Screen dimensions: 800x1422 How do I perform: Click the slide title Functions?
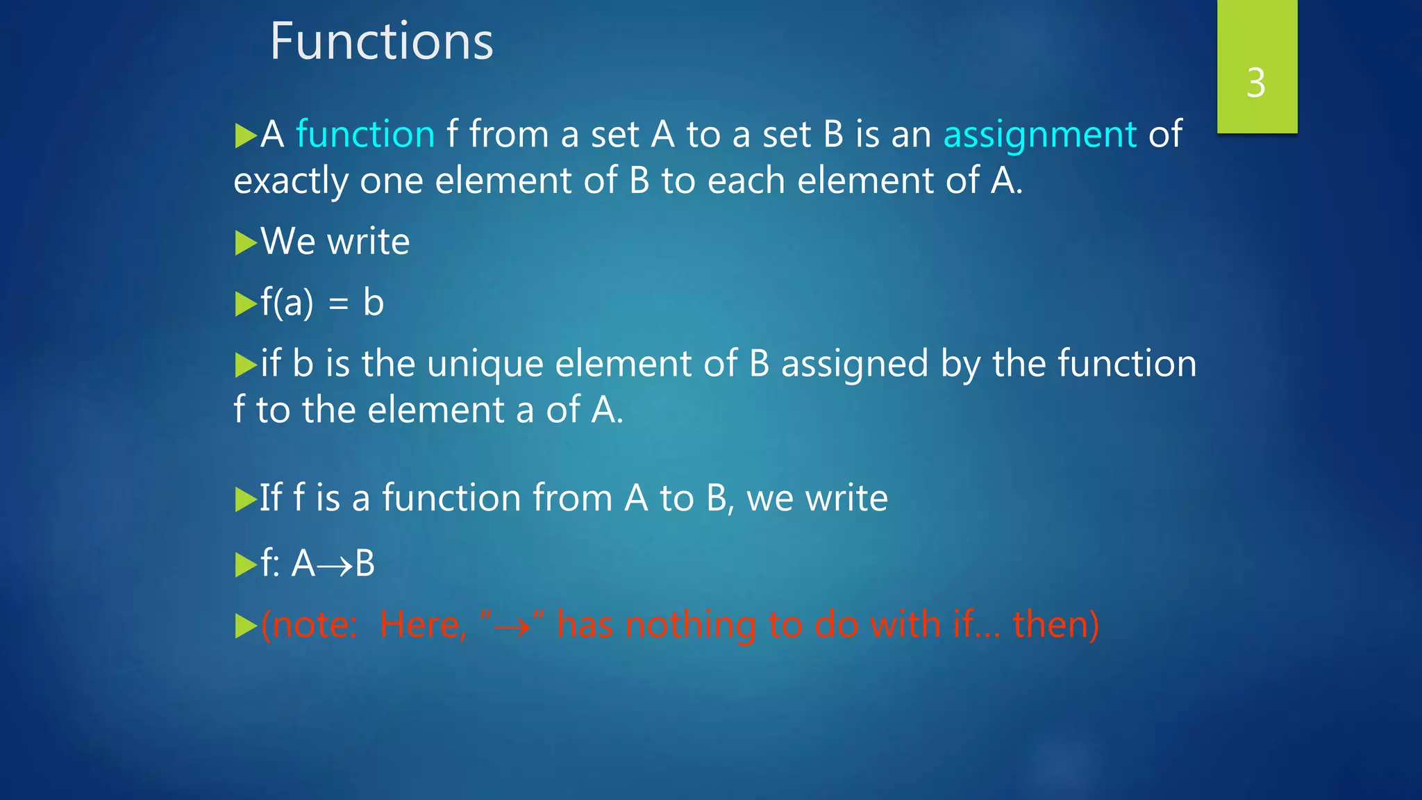[381, 42]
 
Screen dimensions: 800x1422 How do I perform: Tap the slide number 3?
[1255, 83]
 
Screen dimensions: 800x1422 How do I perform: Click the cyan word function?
[365, 134]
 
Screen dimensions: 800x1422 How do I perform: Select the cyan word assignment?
[1039, 135]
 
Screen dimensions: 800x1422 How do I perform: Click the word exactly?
[291, 182]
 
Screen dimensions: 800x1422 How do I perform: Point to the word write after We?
[368, 242]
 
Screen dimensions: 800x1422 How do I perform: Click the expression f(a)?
[287, 303]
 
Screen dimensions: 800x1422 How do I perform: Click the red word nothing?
[691, 625]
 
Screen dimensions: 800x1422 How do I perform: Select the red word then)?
[1056, 624]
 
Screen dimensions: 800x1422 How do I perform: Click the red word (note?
[309, 624]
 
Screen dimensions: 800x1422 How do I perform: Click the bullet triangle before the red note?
[245, 626]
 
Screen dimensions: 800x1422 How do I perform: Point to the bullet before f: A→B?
[245, 565]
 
